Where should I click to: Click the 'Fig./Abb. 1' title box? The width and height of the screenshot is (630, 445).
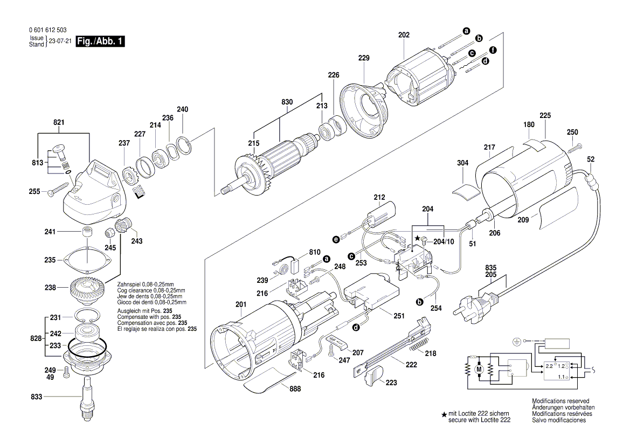[100, 41]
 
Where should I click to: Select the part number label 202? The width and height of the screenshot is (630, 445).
[404, 35]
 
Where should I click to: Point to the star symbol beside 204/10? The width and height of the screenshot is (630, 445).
[417, 238]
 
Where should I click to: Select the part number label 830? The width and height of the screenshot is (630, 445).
[287, 102]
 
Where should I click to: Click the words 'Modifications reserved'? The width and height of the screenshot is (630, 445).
[560, 402]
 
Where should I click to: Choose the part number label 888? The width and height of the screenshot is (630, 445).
[295, 388]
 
